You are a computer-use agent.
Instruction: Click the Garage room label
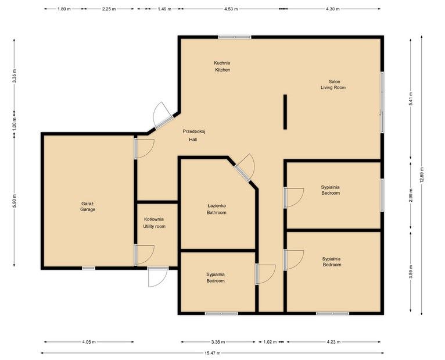(x=88, y=206)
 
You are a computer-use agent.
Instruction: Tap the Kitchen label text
(x=222, y=66)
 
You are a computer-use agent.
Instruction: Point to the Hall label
(x=193, y=136)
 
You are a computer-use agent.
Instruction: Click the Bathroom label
(x=217, y=209)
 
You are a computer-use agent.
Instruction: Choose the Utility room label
(x=155, y=223)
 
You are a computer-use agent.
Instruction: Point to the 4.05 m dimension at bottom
(x=89, y=342)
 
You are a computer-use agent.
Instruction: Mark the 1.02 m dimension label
(x=270, y=342)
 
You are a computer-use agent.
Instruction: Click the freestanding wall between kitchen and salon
(x=285, y=112)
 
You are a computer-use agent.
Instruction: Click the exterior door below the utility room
(x=157, y=276)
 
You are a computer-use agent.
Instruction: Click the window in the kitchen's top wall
(x=235, y=37)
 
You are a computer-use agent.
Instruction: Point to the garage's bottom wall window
(x=88, y=268)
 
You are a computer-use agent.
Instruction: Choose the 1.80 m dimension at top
(x=64, y=9)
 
